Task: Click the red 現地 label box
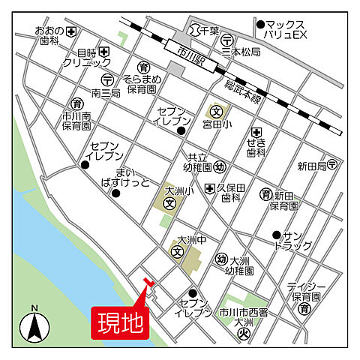[121, 322]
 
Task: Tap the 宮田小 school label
[214, 124]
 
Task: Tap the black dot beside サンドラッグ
[276, 234]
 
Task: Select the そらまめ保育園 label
[140, 82]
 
